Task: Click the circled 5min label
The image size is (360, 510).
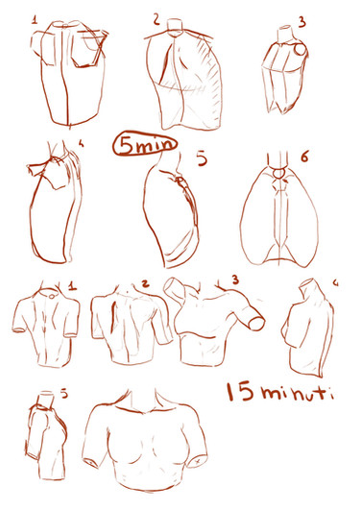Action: [145, 144]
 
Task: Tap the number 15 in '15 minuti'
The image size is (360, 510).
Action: [240, 391]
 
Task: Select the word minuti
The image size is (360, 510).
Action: [297, 393]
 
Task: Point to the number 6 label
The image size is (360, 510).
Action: [304, 158]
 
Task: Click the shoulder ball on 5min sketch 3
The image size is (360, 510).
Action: [300, 49]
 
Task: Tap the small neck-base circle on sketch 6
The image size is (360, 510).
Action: [279, 173]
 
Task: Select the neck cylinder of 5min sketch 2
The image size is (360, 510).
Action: [176, 25]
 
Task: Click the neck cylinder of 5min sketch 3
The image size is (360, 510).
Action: [286, 34]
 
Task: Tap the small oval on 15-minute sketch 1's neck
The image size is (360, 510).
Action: [52, 296]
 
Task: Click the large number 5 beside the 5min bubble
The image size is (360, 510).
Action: [202, 159]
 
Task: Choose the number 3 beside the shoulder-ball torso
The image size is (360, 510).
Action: [302, 22]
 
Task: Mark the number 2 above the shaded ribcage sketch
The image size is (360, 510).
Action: [157, 19]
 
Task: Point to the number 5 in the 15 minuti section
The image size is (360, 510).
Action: [64, 394]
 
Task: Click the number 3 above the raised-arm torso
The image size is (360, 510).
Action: [235, 279]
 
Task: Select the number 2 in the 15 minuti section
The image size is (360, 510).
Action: [145, 283]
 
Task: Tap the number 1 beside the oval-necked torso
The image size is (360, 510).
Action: [72, 286]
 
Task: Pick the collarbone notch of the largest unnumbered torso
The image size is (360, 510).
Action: [144, 413]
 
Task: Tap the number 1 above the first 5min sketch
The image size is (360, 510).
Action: [35, 20]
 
